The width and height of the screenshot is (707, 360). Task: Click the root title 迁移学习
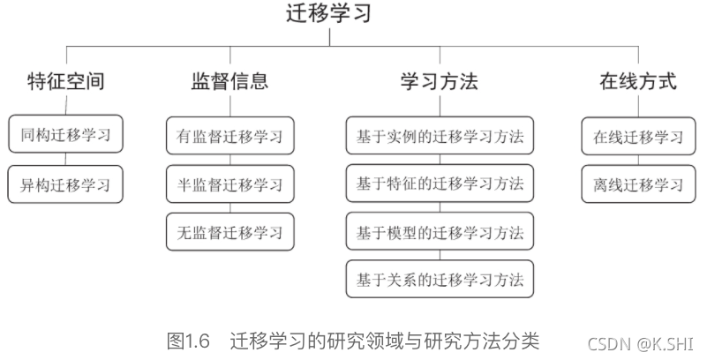point(329,13)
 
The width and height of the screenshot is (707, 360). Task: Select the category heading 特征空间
point(65,82)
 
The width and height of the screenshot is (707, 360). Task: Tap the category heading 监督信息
point(229,82)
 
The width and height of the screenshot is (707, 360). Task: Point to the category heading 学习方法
point(439,82)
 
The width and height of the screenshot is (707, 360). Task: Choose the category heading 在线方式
point(637,82)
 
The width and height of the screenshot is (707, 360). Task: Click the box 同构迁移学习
point(65,136)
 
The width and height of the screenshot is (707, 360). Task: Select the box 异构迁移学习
point(65,184)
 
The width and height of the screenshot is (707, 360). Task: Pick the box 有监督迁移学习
point(229,136)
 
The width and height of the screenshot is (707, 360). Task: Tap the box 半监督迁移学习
point(229,184)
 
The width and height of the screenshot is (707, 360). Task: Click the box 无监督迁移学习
point(229,232)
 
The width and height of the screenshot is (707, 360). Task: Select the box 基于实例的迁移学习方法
point(440,136)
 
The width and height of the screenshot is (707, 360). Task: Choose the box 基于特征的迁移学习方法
point(440,184)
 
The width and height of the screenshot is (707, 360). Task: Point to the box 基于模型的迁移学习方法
point(440,232)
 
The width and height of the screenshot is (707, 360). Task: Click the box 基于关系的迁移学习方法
point(440,280)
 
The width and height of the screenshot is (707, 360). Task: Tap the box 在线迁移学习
point(637,136)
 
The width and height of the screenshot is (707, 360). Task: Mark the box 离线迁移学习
point(637,184)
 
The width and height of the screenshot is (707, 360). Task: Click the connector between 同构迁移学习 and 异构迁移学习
point(65,160)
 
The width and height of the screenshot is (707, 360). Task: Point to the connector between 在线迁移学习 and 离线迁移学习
point(637,160)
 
